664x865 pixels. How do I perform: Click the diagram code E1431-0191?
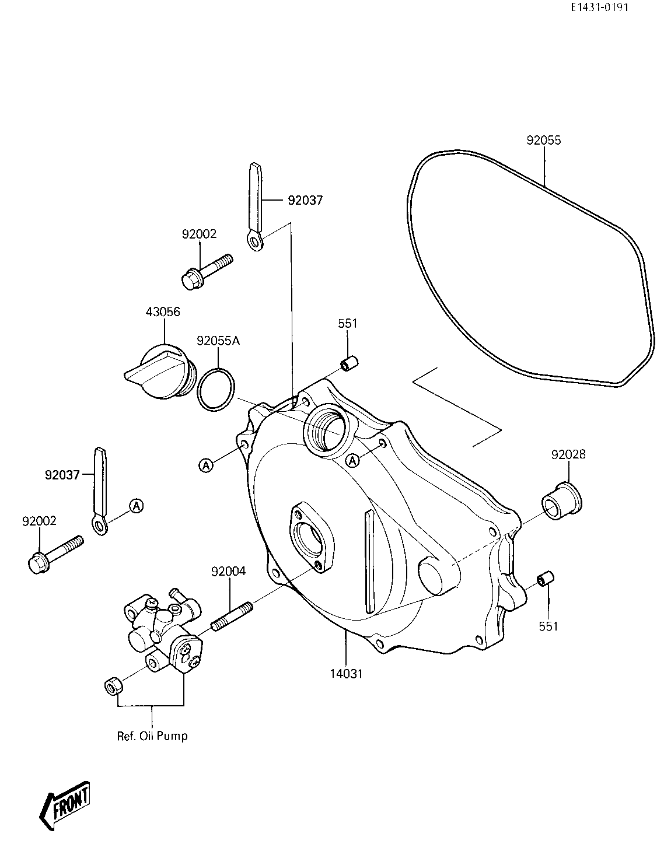coord(599,8)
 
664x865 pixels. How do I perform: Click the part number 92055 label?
coord(543,141)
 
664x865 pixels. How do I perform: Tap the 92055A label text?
coord(218,341)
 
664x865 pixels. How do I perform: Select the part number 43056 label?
coord(163,311)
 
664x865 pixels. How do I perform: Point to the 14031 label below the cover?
coord(347,674)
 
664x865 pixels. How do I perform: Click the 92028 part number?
coord(568,454)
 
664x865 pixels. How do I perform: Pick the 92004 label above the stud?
coord(229,572)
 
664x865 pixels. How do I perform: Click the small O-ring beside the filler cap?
coord(216,390)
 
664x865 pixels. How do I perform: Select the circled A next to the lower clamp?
coord(137,506)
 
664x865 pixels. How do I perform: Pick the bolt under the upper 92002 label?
coord(207,272)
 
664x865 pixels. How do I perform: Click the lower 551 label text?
coord(548,626)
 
